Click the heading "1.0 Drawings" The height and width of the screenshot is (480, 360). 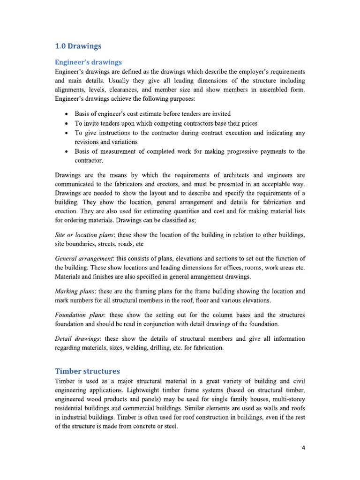click(x=78, y=46)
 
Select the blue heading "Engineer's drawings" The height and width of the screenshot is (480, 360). click(x=88, y=62)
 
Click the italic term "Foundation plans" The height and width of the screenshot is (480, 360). click(x=78, y=315)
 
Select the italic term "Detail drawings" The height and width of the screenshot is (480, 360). click(x=77, y=338)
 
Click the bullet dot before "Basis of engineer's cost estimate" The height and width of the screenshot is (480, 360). click(x=68, y=114)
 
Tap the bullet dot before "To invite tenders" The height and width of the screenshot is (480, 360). click(x=68, y=124)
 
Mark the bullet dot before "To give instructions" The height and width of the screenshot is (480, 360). click(x=68, y=133)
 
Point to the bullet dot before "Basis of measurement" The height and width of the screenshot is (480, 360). click(x=68, y=151)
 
